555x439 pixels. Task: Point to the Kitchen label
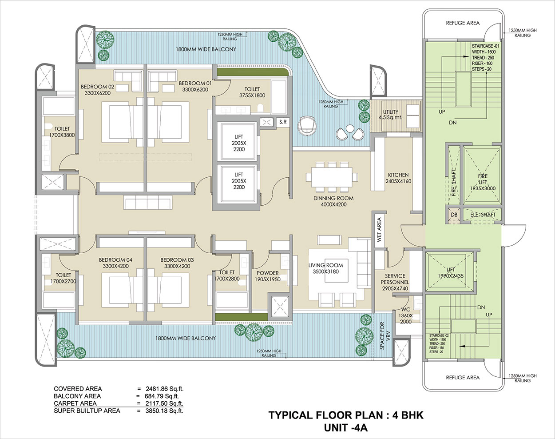(x=398, y=178)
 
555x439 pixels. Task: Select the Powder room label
(x=268, y=276)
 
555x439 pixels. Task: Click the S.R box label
(x=283, y=121)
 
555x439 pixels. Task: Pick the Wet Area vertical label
(x=379, y=229)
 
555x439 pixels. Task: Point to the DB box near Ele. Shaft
(x=454, y=215)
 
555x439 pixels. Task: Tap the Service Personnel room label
(x=395, y=282)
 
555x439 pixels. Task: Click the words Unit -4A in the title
(x=346, y=428)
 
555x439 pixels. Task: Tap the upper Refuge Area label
(x=463, y=23)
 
